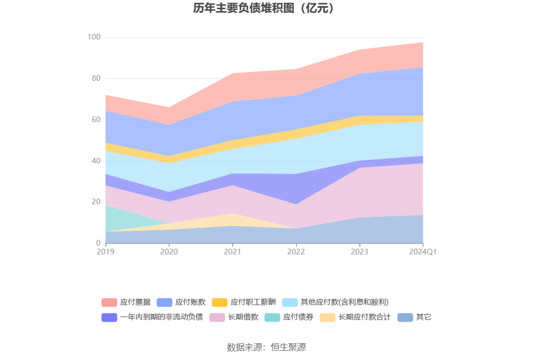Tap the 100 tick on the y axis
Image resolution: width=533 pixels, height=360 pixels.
[94, 37]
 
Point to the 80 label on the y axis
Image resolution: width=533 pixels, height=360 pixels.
[96, 78]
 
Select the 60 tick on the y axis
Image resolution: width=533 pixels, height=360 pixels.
[96, 120]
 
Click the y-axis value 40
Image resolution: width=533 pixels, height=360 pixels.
[96, 161]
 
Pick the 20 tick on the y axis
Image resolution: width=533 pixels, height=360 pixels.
[96, 202]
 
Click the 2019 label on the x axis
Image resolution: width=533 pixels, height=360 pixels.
[105, 251]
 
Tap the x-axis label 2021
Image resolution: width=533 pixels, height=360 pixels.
[233, 251]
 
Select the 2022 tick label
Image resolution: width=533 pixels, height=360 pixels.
[296, 251]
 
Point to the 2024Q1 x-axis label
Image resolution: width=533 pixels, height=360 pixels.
[422, 251]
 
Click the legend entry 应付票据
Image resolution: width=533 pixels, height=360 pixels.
[126, 302]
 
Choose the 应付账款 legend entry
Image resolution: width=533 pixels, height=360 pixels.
[181, 302]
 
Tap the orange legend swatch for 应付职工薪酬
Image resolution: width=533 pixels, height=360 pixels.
[219, 302]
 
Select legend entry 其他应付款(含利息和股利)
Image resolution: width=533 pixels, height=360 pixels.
[335, 302]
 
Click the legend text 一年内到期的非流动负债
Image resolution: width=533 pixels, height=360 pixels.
[162, 317]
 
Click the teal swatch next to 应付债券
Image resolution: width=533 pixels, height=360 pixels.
[272, 317]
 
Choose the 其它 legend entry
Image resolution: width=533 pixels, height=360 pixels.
[414, 317]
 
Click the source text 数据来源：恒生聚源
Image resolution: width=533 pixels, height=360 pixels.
[266, 347]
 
